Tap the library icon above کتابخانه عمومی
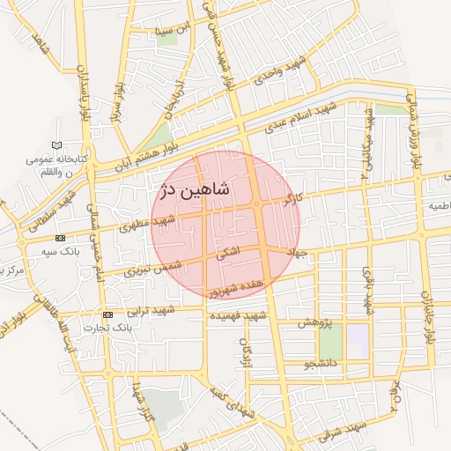click(x=57, y=144)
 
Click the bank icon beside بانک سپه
click(x=60, y=239)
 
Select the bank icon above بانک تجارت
click(x=107, y=314)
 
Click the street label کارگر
click(x=287, y=202)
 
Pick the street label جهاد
click(x=294, y=253)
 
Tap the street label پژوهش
click(x=314, y=323)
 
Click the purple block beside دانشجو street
click(x=357, y=341)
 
